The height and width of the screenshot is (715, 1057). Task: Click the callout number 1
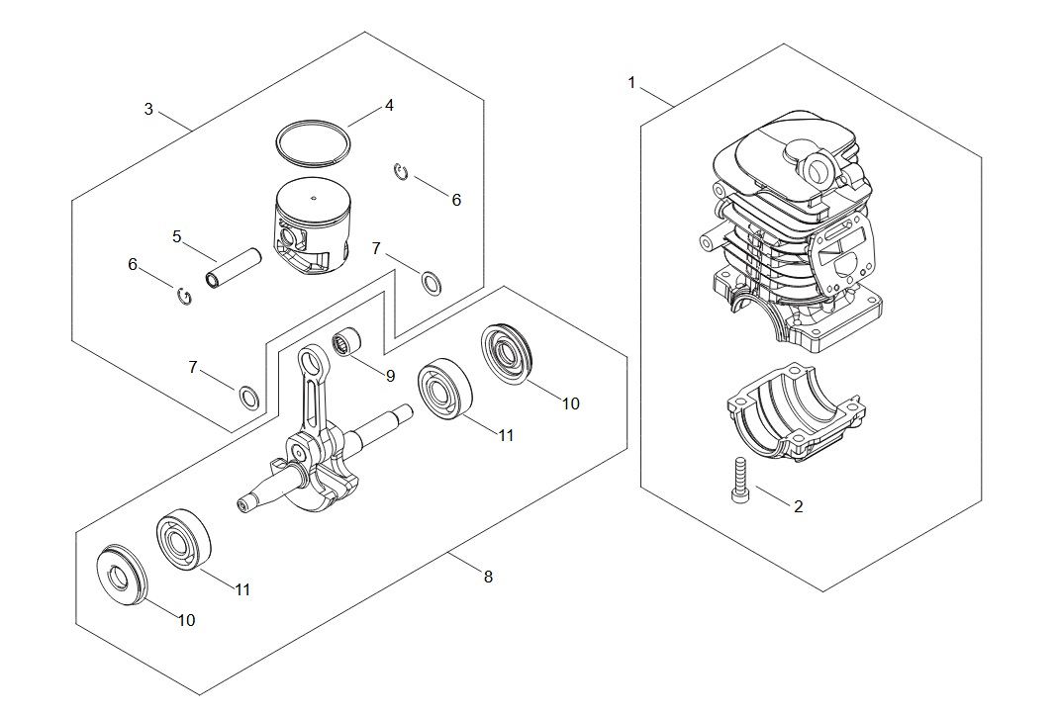point(631,83)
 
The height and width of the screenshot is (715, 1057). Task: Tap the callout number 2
point(798,506)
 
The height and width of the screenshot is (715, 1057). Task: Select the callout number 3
point(148,109)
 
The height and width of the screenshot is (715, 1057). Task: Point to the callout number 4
point(389,105)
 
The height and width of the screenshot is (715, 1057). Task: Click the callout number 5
point(176,236)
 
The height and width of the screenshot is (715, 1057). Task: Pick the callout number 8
point(488,577)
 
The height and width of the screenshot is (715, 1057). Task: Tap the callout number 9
point(390,376)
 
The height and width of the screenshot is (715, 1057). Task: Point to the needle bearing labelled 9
point(347,341)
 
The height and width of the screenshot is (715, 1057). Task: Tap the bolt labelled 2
point(739,479)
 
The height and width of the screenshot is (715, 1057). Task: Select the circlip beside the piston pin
point(183,295)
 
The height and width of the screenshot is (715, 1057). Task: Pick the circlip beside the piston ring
point(401,171)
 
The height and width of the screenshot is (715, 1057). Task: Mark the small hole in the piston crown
point(313,198)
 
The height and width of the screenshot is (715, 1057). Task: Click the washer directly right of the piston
point(432,283)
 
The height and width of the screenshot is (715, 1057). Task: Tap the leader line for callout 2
point(772,495)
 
